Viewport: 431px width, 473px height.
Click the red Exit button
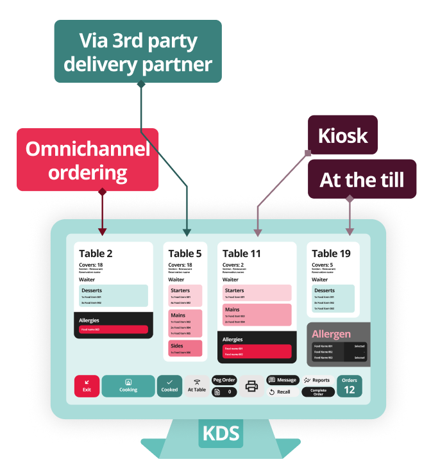[87, 386]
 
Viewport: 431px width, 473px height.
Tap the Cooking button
[128, 386]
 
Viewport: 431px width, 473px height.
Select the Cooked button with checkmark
[169, 386]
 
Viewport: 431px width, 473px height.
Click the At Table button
[197, 386]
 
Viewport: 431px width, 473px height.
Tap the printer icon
[251, 386]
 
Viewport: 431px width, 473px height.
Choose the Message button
[282, 380]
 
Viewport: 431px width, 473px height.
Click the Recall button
[280, 392]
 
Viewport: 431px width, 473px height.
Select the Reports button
[317, 380]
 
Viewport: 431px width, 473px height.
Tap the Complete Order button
[318, 392]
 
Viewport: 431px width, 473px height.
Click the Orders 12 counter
[350, 386]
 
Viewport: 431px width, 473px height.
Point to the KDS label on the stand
[221, 433]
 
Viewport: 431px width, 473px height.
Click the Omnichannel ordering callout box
[87, 160]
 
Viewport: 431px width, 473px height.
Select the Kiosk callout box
[342, 135]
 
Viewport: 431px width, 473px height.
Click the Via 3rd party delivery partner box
[138, 51]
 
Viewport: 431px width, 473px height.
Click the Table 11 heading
[242, 254]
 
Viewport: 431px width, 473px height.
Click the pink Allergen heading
[332, 334]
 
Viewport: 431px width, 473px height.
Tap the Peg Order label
[224, 380]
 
